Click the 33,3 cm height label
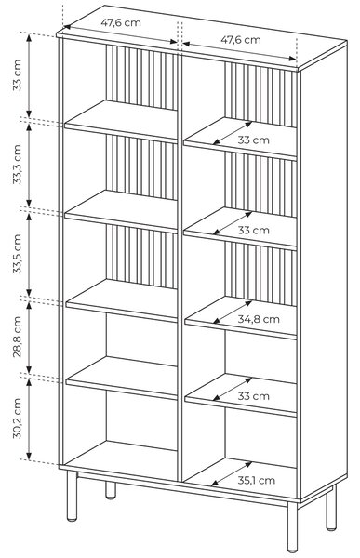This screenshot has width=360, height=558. (x=17, y=164)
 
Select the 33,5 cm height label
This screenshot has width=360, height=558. (x=17, y=254)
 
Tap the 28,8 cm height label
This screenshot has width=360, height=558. (x=17, y=337)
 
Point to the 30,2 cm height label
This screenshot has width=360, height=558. (x=17, y=418)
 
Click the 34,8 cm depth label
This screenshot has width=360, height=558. (x=259, y=319)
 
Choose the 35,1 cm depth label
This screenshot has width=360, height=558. (x=257, y=481)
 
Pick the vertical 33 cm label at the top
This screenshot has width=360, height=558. (x=17, y=75)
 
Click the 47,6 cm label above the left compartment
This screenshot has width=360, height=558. (x=121, y=22)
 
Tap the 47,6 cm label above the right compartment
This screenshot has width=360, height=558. (x=241, y=39)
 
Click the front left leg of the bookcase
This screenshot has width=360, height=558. (x=72, y=496)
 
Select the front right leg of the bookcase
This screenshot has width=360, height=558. (x=292, y=527)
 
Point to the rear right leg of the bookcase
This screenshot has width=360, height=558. (x=331, y=509)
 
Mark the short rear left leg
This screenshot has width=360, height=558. (x=111, y=490)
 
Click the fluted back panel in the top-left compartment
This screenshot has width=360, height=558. (x=141, y=77)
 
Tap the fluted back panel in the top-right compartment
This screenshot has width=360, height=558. (x=260, y=95)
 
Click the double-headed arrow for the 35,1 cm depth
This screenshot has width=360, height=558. (x=232, y=473)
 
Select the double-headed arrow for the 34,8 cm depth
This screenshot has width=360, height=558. (x=233, y=312)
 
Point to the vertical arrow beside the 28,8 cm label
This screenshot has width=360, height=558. (x=29, y=337)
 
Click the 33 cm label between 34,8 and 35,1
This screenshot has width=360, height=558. (x=254, y=396)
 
